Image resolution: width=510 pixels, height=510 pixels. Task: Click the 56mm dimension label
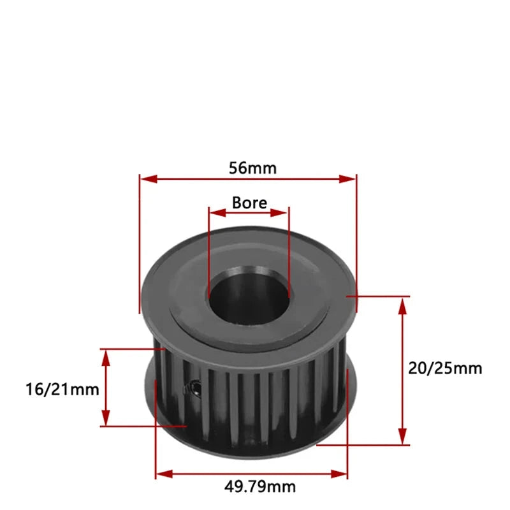point(252,168)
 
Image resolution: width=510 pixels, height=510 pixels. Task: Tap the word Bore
point(249,203)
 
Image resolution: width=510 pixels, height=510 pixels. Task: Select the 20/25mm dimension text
point(445,368)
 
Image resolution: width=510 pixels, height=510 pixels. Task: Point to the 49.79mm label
point(259,486)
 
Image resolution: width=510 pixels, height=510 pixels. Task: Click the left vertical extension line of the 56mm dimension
point(139,242)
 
